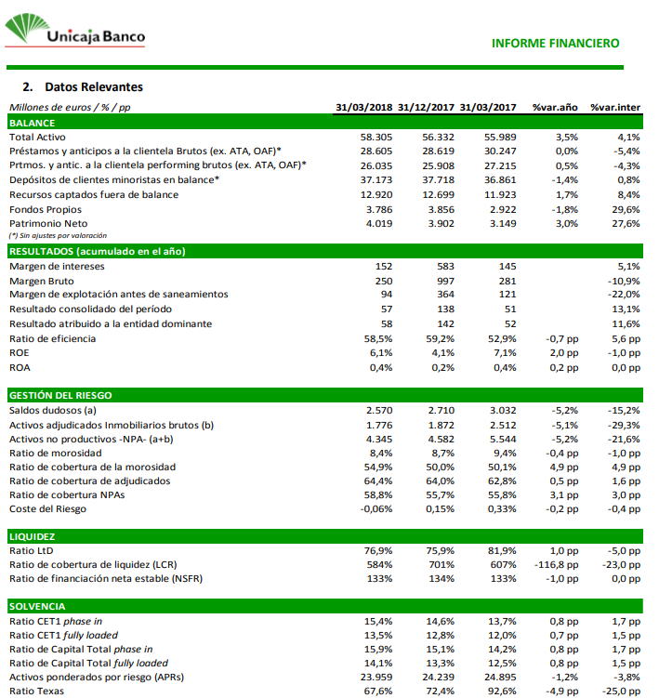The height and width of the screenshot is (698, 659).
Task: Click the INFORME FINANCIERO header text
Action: [555, 43]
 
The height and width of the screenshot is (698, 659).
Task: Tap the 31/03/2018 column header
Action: [364, 108]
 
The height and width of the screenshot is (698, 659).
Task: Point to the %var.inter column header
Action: [615, 108]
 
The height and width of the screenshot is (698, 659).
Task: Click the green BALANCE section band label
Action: [32, 122]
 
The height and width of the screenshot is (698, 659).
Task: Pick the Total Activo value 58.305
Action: [376, 136]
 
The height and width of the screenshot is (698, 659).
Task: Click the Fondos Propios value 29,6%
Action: [627, 209]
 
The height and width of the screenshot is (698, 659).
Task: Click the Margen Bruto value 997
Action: [445, 280]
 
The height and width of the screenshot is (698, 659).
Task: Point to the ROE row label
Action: [19, 353]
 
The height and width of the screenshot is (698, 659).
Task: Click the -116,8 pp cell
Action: [557, 564]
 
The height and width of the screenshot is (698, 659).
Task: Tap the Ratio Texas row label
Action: [36, 691]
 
